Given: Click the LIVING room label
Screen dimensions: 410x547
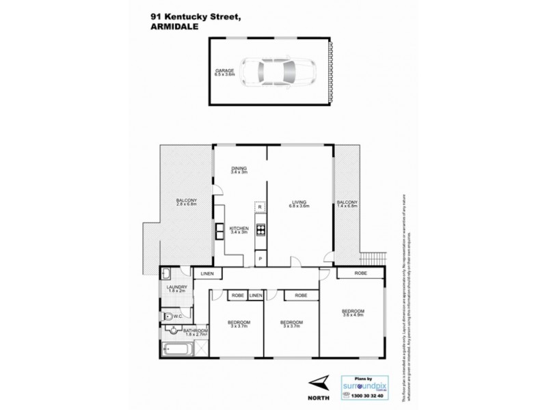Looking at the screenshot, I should (298, 202).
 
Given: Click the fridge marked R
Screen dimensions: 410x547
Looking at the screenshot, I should (260, 206).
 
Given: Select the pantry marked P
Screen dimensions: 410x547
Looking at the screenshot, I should (260, 258).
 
